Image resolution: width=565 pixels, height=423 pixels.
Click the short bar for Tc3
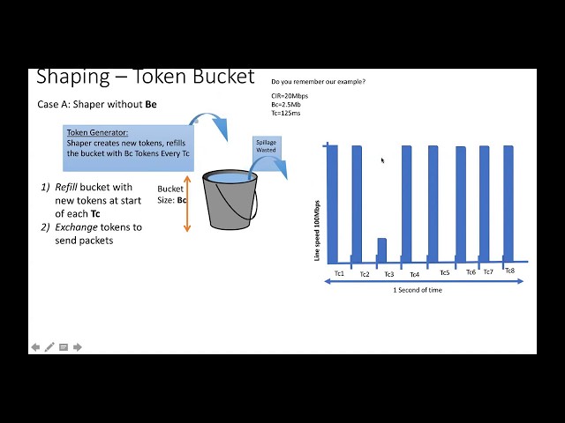382,250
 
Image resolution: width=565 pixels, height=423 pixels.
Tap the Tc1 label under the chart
339,273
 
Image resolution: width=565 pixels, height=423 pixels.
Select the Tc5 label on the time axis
445,272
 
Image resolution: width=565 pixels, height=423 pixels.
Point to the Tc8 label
510,271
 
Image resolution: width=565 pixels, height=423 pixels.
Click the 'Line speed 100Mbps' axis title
317,231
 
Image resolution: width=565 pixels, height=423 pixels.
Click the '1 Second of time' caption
418,290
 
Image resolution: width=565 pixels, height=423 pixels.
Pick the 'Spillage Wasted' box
267,146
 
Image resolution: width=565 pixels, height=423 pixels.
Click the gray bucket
230,200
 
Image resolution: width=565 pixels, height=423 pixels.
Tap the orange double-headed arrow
187,204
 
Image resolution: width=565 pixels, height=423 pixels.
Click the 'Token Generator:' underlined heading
97,132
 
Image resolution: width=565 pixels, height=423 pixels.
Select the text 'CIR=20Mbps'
290,96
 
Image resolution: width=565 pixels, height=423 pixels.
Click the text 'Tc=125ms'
286,113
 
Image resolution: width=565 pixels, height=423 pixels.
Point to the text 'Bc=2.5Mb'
286,105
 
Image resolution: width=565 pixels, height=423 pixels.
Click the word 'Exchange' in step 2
77,227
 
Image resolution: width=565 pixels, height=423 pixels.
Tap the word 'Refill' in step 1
66,187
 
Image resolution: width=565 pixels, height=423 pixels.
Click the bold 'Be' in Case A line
151,104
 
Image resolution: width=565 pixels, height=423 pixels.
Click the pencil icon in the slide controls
49,347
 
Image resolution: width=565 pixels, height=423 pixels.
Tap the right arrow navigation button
78,347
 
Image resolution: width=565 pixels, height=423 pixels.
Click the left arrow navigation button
35,347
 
